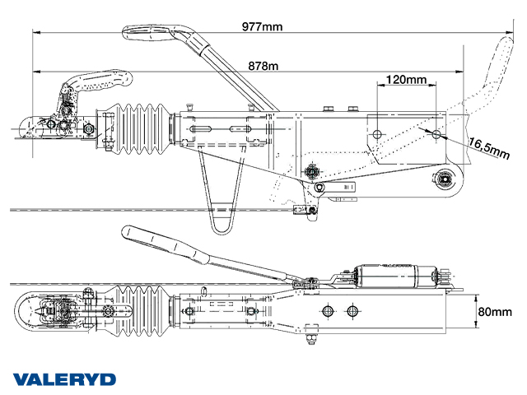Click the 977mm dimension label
tap(263, 26)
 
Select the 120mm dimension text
tap(405, 80)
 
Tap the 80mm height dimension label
tap(494, 313)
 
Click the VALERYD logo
tap(64, 379)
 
